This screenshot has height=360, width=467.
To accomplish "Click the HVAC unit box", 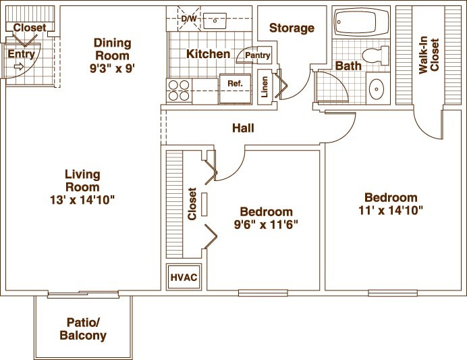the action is tap(184, 277).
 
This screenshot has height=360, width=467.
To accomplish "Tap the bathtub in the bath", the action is tap(362, 22).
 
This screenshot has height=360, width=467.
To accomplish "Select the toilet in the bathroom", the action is tap(376, 55).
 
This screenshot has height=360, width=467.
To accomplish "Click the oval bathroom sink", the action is tap(377, 88).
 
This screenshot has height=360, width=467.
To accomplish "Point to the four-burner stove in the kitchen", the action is tap(179, 91).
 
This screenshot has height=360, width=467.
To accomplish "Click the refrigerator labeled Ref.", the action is tap(235, 88).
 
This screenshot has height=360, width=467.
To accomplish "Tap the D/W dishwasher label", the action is tap(189, 19).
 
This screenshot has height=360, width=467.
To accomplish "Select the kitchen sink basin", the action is tap(215, 21).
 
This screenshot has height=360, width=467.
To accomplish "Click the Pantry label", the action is tap(258, 55).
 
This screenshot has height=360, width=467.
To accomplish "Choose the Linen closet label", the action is tap(265, 86).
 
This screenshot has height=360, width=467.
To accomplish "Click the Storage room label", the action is tap(292, 28).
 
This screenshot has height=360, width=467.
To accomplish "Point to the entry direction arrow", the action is tap(18, 66).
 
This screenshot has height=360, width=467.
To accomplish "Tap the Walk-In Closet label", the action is tap(429, 55).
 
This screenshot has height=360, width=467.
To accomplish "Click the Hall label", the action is tap(243, 128).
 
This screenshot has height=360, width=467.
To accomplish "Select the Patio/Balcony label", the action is tap(83, 329).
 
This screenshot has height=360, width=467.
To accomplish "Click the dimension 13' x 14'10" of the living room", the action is tap(82, 200).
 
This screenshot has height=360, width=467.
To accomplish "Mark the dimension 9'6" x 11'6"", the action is tap(266, 224).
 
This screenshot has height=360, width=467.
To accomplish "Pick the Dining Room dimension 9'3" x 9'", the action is tap(112, 69).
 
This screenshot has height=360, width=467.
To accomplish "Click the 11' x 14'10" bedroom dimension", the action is tap(391, 211).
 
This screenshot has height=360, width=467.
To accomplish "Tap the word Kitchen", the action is tap(208, 54).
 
